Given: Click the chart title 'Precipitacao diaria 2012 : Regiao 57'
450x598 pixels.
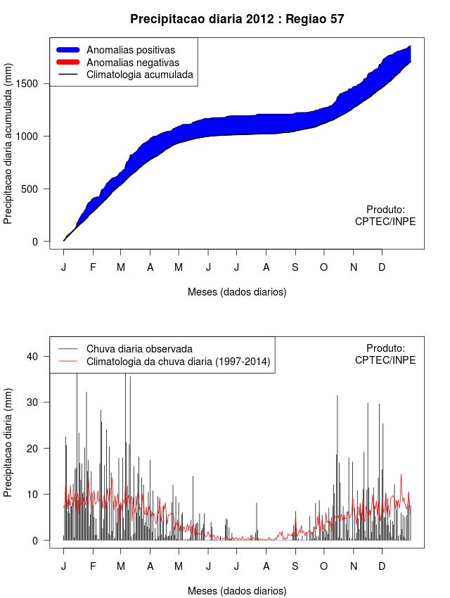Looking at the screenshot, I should click(x=237, y=19).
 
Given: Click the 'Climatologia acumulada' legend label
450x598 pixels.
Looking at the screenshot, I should click(x=139, y=74).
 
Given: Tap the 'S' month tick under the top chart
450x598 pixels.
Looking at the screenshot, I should click(x=295, y=267).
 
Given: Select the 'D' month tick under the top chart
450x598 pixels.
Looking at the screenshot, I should click(x=382, y=267).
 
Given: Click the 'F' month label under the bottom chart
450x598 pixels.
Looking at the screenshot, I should click(x=92, y=566).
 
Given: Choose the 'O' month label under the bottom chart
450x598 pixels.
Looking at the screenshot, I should click(x=324, y=566).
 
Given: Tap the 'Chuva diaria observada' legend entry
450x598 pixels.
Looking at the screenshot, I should click(x=139, y=349).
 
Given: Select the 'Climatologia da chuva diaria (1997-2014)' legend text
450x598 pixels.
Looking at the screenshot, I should click(x=178, y=362).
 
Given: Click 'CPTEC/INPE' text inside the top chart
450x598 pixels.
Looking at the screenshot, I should click(x=385, y=222).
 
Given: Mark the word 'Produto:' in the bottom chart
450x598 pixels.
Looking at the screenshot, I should click(x=385, y=348).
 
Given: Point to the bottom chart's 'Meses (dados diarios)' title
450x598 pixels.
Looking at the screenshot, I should click(x=237, y=591).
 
